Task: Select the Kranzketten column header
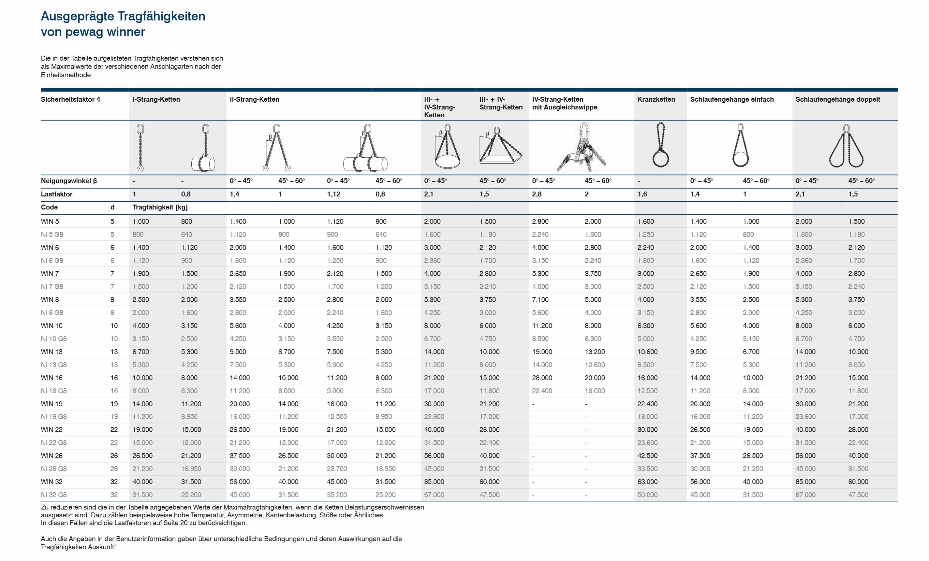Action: (656, 99)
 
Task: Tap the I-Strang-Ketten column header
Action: (156, 99)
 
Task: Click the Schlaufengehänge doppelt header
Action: (837, 99)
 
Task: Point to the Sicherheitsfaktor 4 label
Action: (70, 99)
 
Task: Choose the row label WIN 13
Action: (52, 352)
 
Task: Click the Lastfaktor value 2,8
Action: (537, 194)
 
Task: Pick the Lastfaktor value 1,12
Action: (333, 194)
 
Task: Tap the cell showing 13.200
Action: (595, 352)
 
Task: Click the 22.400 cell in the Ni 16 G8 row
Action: (542, 391)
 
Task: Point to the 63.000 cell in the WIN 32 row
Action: (647, 482)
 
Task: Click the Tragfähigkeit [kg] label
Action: (160, 207)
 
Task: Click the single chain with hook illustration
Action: (140, 148)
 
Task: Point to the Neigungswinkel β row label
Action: (69, 181)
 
